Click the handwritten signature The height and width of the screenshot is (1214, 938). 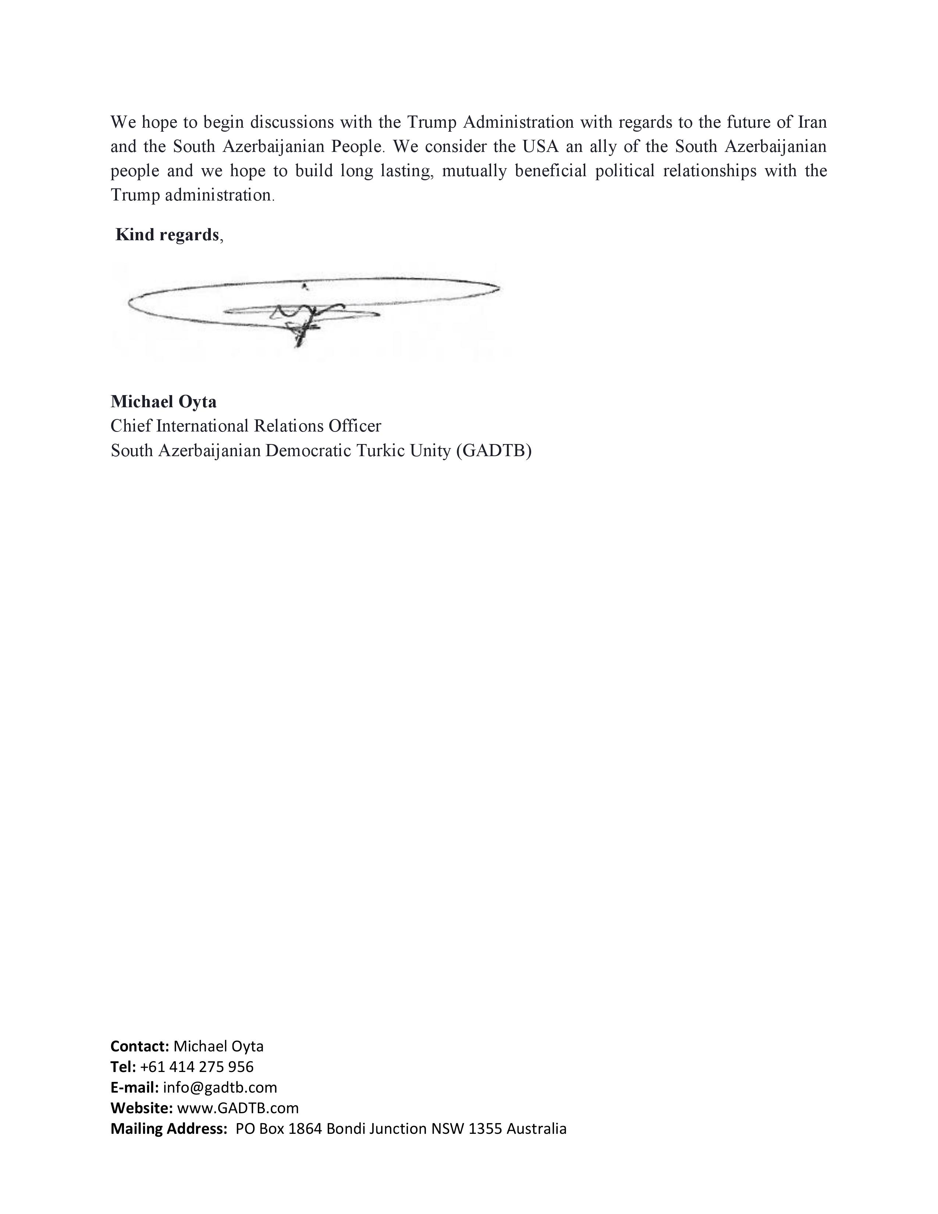(311, 309)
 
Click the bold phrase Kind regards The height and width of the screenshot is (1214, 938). (167, 235)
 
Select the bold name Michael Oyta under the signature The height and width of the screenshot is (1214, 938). (163, 401)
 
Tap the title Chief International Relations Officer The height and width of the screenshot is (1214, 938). (246, 426)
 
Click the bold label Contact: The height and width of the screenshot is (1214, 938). (139, 1046)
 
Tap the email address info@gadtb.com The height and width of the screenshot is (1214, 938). (220, 1087)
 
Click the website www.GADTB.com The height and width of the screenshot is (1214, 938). (238, 1108)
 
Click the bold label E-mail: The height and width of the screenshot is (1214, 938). (135, 1087)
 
